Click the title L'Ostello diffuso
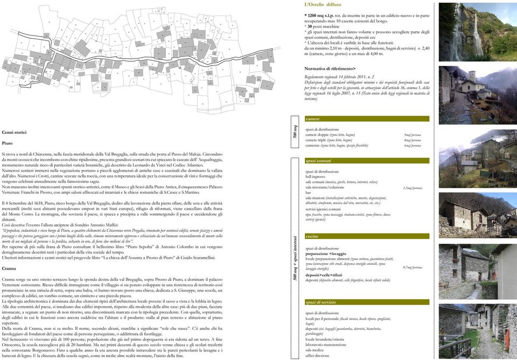coord(323,5)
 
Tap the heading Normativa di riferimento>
coord(330,69)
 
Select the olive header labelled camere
coord(367,119)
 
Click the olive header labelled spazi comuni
coord(367,161)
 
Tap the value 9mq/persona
coord(412,135)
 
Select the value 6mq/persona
coord(412,146)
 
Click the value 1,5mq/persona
coord(413,188)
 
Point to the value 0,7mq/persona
coord(413,267)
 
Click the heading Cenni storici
coord(14,132)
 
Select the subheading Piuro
coord(7,144)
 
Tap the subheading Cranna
coord(9,268)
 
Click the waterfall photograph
coord(469,32)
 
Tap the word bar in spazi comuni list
coord(308,193)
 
